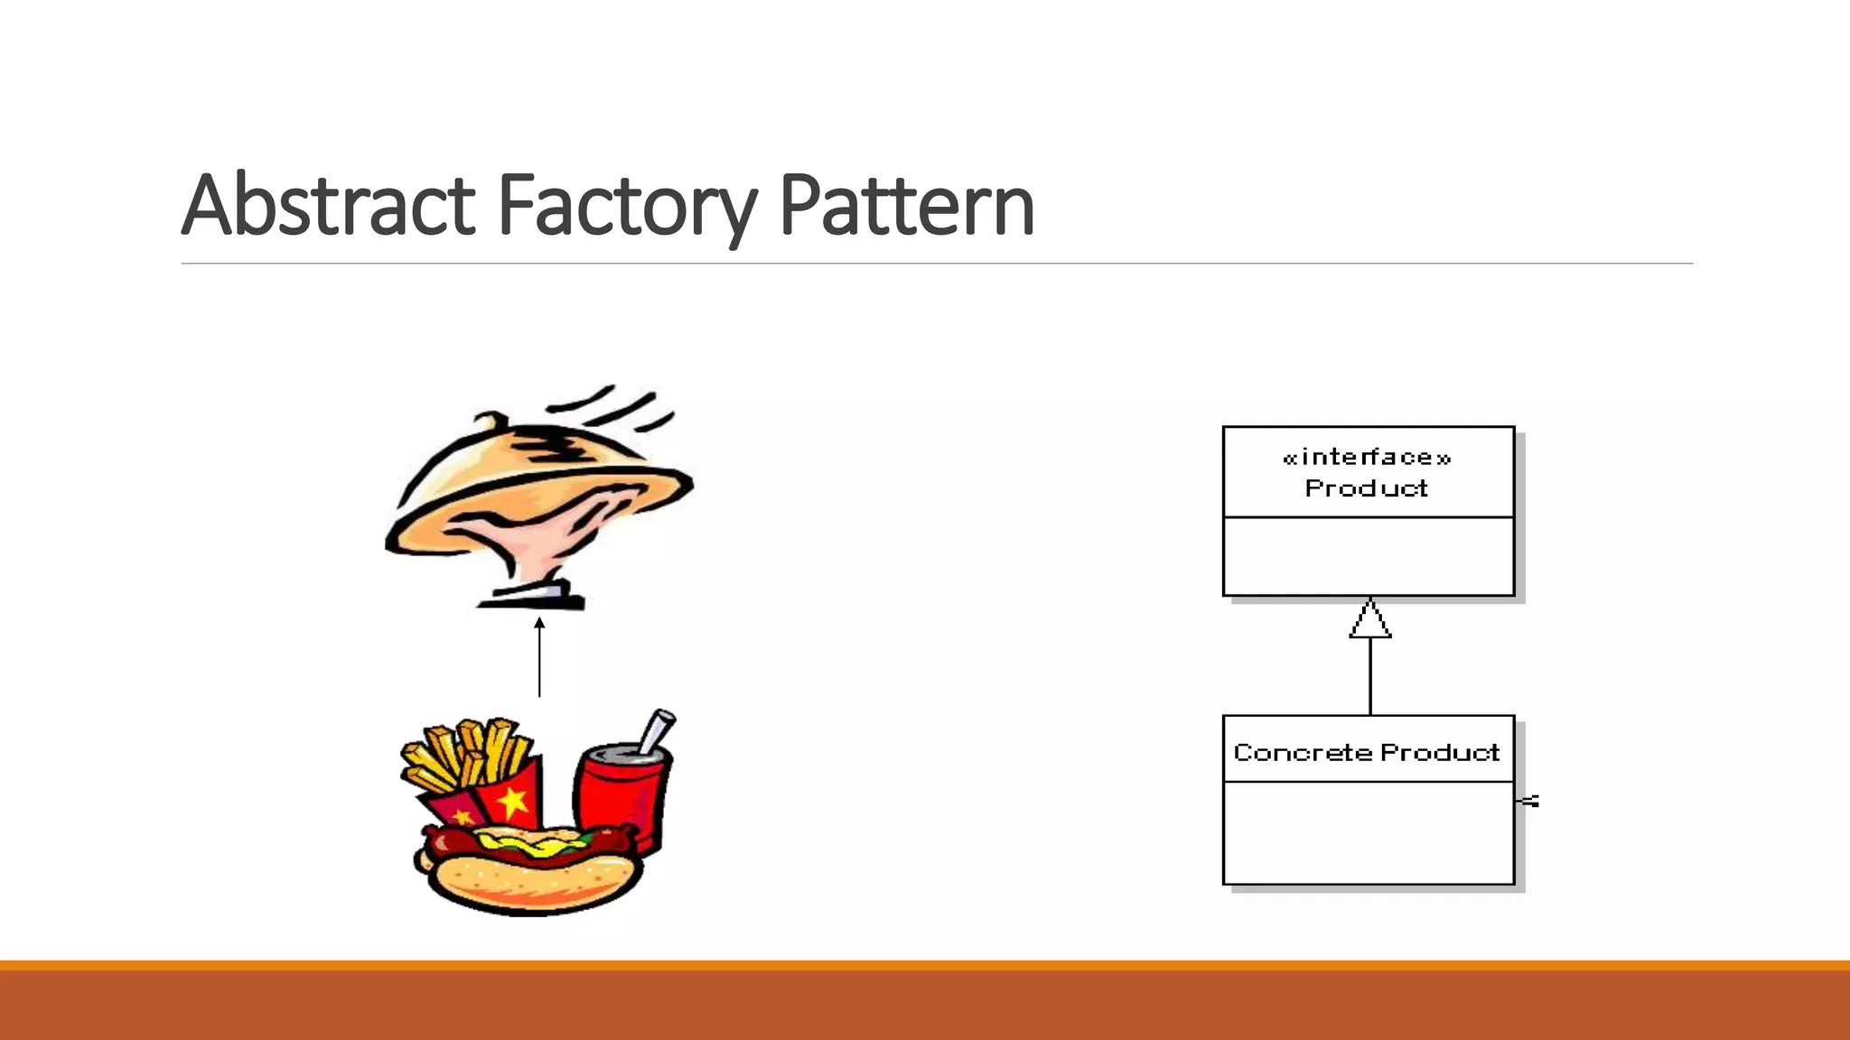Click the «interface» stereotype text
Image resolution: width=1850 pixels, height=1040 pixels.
coord(1367,458)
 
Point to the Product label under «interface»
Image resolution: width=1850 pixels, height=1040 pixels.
coord(1367,488)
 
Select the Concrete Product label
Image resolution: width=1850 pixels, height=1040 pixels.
coord(1367,752)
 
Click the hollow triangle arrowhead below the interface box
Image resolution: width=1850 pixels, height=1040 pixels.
coord(1370,620)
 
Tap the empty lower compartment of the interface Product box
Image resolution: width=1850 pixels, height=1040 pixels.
coord(1368,556)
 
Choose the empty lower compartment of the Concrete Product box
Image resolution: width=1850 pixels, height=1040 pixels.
coord(1368,832)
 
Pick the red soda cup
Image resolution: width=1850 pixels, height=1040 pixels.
coord(620,794)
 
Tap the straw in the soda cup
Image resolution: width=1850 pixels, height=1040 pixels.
coord(657,729)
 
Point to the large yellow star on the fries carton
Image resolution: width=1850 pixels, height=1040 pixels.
coord(512,800)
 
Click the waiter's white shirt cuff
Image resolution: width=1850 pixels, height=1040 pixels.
coord(538,593)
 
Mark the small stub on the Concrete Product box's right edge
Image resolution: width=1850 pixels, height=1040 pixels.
coord(1528,801)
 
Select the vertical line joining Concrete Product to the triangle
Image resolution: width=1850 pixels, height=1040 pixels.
coord(1370,677)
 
